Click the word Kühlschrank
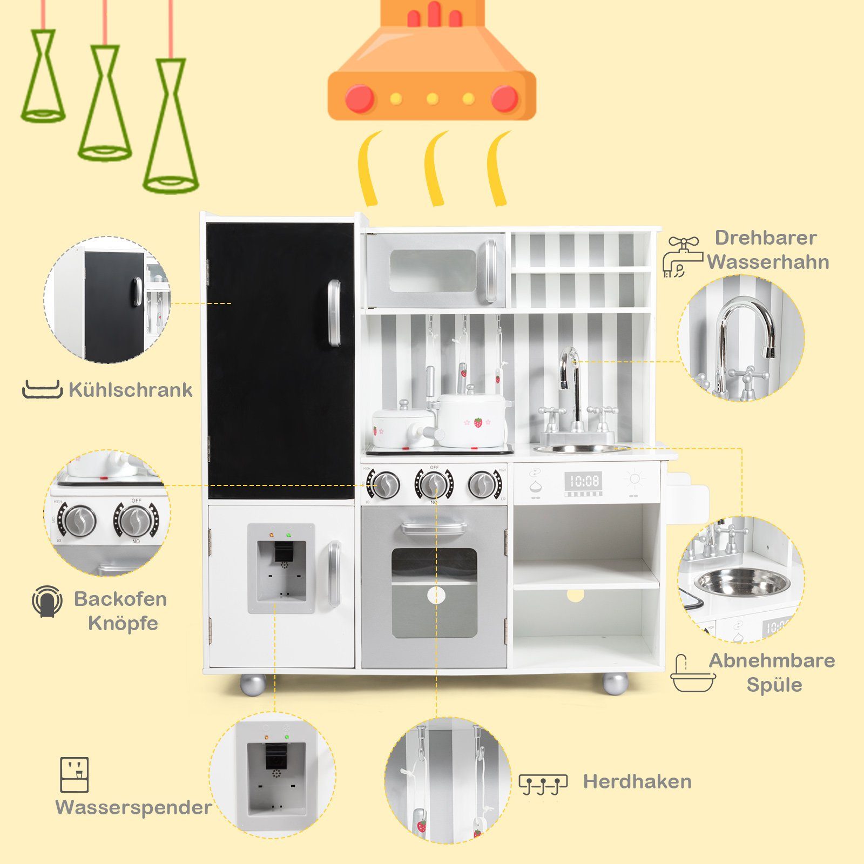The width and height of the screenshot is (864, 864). point(130,390)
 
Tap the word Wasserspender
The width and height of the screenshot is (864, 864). point(133,808)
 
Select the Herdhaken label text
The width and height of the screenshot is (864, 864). point(637,781)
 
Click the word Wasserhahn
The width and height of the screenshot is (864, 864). point(768,262)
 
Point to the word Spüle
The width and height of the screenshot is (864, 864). point(774,685)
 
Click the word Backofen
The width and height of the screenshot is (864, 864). point(120,599)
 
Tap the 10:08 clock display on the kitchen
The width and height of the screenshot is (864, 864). point(583,481)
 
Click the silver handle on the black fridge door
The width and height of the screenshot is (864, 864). point(334,313)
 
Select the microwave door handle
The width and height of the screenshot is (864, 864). point(490,271)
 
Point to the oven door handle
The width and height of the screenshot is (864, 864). point(434,528)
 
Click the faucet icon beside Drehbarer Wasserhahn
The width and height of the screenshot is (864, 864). point(682,258)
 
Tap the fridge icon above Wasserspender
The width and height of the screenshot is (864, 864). point(74,774)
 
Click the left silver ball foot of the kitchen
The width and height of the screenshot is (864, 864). point(253,684)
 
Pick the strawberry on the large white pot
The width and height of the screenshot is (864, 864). point(478,422)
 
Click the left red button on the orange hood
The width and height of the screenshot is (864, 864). point(360,99)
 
